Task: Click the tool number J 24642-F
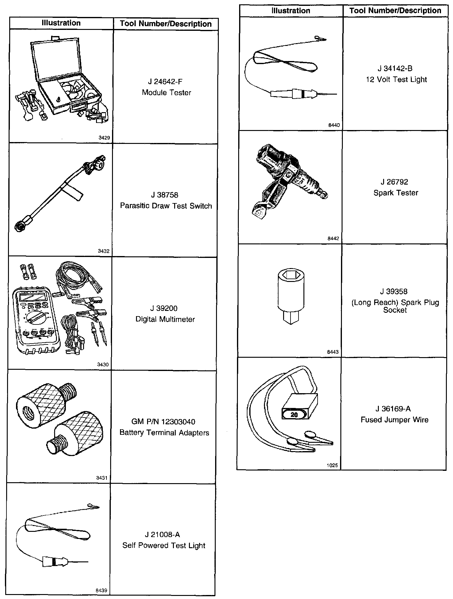point(165,82)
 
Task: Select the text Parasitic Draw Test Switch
point(166,206)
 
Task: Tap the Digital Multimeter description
point(165,319)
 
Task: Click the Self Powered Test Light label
point(164,545)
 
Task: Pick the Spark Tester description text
point(396,193)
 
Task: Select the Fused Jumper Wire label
point(395,420)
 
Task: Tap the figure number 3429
point(104,138)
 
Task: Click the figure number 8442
point(333,238)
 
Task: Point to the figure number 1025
point(332,466)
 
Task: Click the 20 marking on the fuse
point(294,414)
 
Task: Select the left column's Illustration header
point(61,23)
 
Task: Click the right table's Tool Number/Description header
point(395,11)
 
